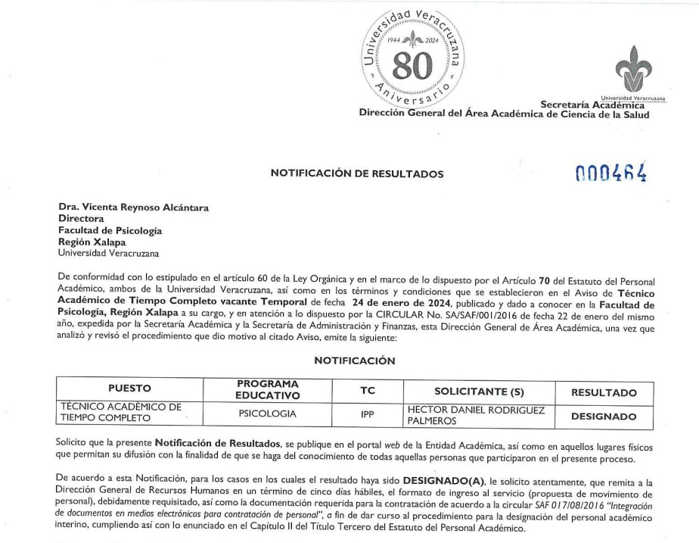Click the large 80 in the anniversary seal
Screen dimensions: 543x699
coord(413,67)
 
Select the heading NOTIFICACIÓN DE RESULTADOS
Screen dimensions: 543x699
coord(357,174)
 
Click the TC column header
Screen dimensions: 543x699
coord(366,389)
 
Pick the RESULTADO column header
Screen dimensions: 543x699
coord(603,392)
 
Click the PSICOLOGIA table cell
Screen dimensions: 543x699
coord(267,413)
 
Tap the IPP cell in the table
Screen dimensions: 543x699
coord(367,415)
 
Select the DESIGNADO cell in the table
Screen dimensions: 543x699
coord(603,416)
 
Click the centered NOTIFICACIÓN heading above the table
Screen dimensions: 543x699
coord(354,360)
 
